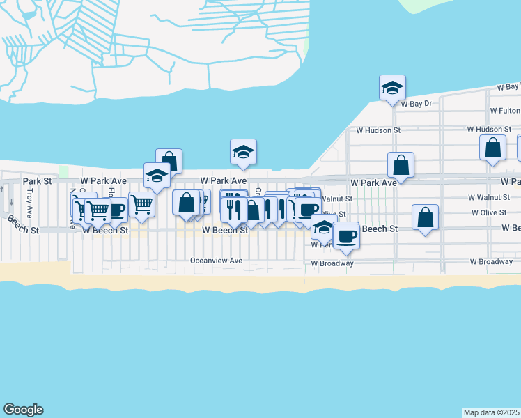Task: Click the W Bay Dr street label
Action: (x=417, y=103)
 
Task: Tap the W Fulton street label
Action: (x=504, y=111)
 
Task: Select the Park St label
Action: (x=38, y=180)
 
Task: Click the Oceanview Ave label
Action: (x=216, y=261)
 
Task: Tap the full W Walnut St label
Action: (x=489, y=198)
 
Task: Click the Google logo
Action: (x=23, y=410)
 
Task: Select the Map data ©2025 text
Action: (x=492, y=412)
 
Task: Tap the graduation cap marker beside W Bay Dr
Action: (x=392, y=88)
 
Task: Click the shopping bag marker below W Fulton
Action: (x=492, y=148)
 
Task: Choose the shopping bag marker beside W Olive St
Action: (x=425, y=217)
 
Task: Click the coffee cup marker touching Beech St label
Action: (x=345, y=235)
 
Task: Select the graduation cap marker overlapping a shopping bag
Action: (x=157, y=176)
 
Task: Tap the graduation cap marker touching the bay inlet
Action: (x=243, y=152)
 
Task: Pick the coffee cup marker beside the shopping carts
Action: (x=116, y=209)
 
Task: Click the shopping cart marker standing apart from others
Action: (x=141, y=205)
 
